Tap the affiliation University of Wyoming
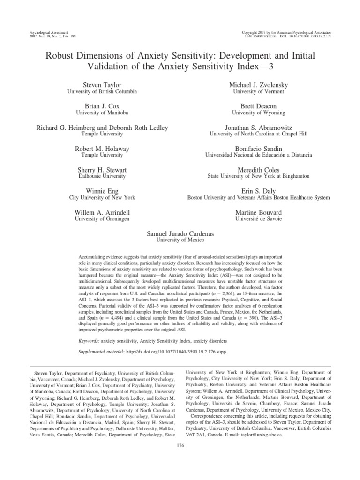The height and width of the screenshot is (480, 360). coord(258,113)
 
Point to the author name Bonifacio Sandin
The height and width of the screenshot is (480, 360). coord(258,148)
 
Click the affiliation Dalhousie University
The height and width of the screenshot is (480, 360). coord(102,176)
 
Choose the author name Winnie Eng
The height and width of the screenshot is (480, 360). coord(102,191)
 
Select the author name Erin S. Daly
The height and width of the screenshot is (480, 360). coord(258,191)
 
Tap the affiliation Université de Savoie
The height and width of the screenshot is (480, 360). coord(258,218)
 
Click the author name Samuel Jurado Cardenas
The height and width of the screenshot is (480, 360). coord(180,233)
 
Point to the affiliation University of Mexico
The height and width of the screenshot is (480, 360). coord(180,240)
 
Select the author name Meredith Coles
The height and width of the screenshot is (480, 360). coord(258,169)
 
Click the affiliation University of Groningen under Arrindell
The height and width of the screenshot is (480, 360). coord(102,218)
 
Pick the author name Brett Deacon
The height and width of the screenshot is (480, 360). coord(258,106)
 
